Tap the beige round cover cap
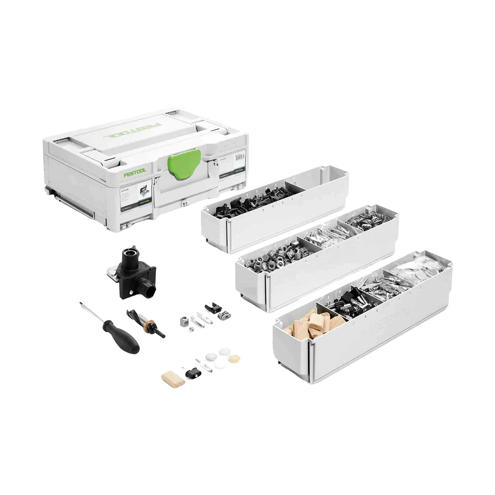[x=225, y=356]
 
